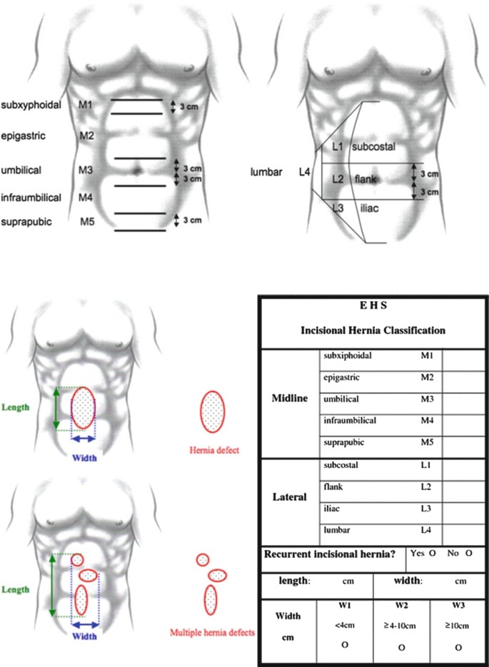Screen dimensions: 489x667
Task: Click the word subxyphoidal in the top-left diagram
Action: coord(30,105)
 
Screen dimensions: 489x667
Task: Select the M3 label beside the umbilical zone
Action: coord(86,170)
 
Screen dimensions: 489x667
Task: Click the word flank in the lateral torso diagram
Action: coord(367,180)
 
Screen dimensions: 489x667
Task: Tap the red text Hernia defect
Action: coord(214,450)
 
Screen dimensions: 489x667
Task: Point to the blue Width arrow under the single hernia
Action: coord(84,439)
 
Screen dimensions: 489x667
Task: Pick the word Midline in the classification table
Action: coord(290,398)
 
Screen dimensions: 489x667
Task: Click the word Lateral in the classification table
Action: coord(290,498)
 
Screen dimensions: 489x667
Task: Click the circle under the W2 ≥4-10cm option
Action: coord(402,647)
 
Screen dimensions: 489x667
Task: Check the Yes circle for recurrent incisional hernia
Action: coord(432,553)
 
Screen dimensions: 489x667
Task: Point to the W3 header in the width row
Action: coord(458,606)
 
